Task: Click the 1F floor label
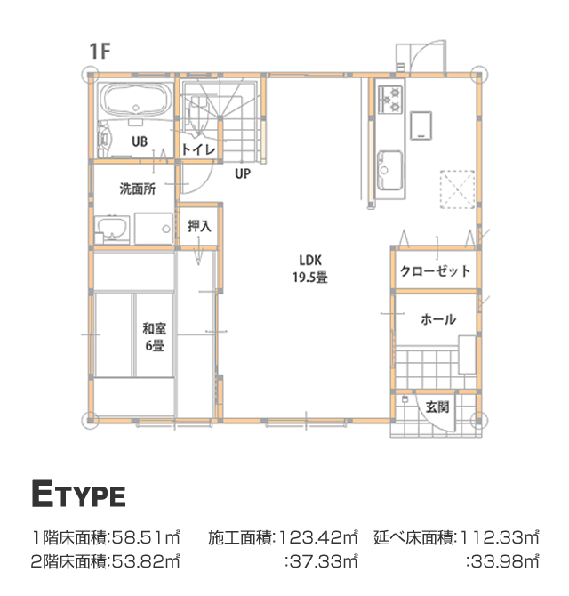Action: pyautogui.click(x=100, y=52)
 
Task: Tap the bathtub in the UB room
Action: pyautogui.click(x=136, y=100)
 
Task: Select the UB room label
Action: pyautogui.click(x=140, y=141)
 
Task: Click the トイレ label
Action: pyautogui.click(x=198, y=149)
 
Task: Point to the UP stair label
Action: pyautogui.click(x=243, y=173)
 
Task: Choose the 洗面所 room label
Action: pyautogui.click(x=138, y=189)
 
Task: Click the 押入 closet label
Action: pyautogui.click(x=199, y=226)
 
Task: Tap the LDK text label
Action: pyautogui.click(x=310, y=261)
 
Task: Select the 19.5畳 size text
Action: pyautogui.click(x=310, y=277)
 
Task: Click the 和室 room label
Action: pyautogui.click(x=154, y=328)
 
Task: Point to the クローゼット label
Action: pyautogui.click(x=435, y=271)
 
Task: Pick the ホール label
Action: pyautogui.click(x=438, y=319)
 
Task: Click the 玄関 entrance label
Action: pyautogui.click(x=437, y=407)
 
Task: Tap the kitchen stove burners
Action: pyautogui.click(x=390, y=100)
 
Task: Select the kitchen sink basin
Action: pyautogui.click(x=389, y=170)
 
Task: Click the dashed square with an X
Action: pyautogui.click(x=457, y=189)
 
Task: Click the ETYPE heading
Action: pyautogui.click(x=78, y=494)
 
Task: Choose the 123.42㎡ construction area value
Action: pyautogui.click(x=317, y=537)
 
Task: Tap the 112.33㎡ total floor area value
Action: pyautogui.click(x=499, y=537)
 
